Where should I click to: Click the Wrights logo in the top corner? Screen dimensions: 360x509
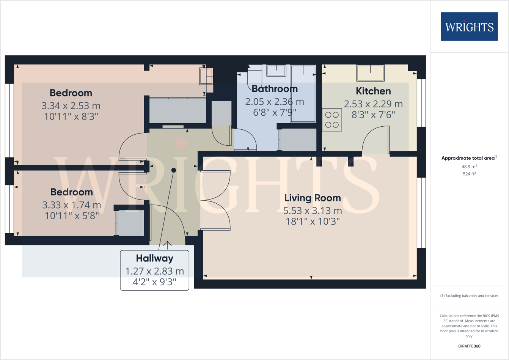pos(469,27)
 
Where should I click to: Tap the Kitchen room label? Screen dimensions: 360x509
pos(373,91)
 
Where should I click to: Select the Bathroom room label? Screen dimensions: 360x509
pos(275,89)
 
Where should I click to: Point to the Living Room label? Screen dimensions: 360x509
pos(313,198)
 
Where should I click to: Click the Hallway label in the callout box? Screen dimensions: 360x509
pos(154,258)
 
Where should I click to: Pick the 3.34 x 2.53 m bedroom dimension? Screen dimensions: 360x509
pos(71,105)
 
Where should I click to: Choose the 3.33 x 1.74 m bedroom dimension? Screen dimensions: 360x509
pos(71,205)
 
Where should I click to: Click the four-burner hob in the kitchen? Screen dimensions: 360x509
pos(332,120)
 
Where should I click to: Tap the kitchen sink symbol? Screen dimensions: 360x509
pos(370,73)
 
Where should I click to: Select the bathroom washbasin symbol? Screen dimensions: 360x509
pos(276,71)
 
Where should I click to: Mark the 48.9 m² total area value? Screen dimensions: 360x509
pos(469,167)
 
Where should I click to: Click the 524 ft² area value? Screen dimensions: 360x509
pos(469,174)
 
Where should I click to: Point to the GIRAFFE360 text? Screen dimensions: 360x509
pos(469,346)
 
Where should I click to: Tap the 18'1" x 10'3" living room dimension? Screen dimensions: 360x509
pos(313,222)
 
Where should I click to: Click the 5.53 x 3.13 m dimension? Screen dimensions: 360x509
pos(313,211)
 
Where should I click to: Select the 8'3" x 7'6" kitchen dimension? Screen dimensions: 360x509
pos(373,115)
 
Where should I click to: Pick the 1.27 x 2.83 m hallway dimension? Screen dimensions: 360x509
pos(154,271)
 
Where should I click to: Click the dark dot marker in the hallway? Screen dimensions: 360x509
pos(173,170)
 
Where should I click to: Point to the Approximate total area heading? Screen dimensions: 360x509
pos(469,158)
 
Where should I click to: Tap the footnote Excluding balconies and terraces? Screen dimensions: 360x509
pos(469,296)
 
